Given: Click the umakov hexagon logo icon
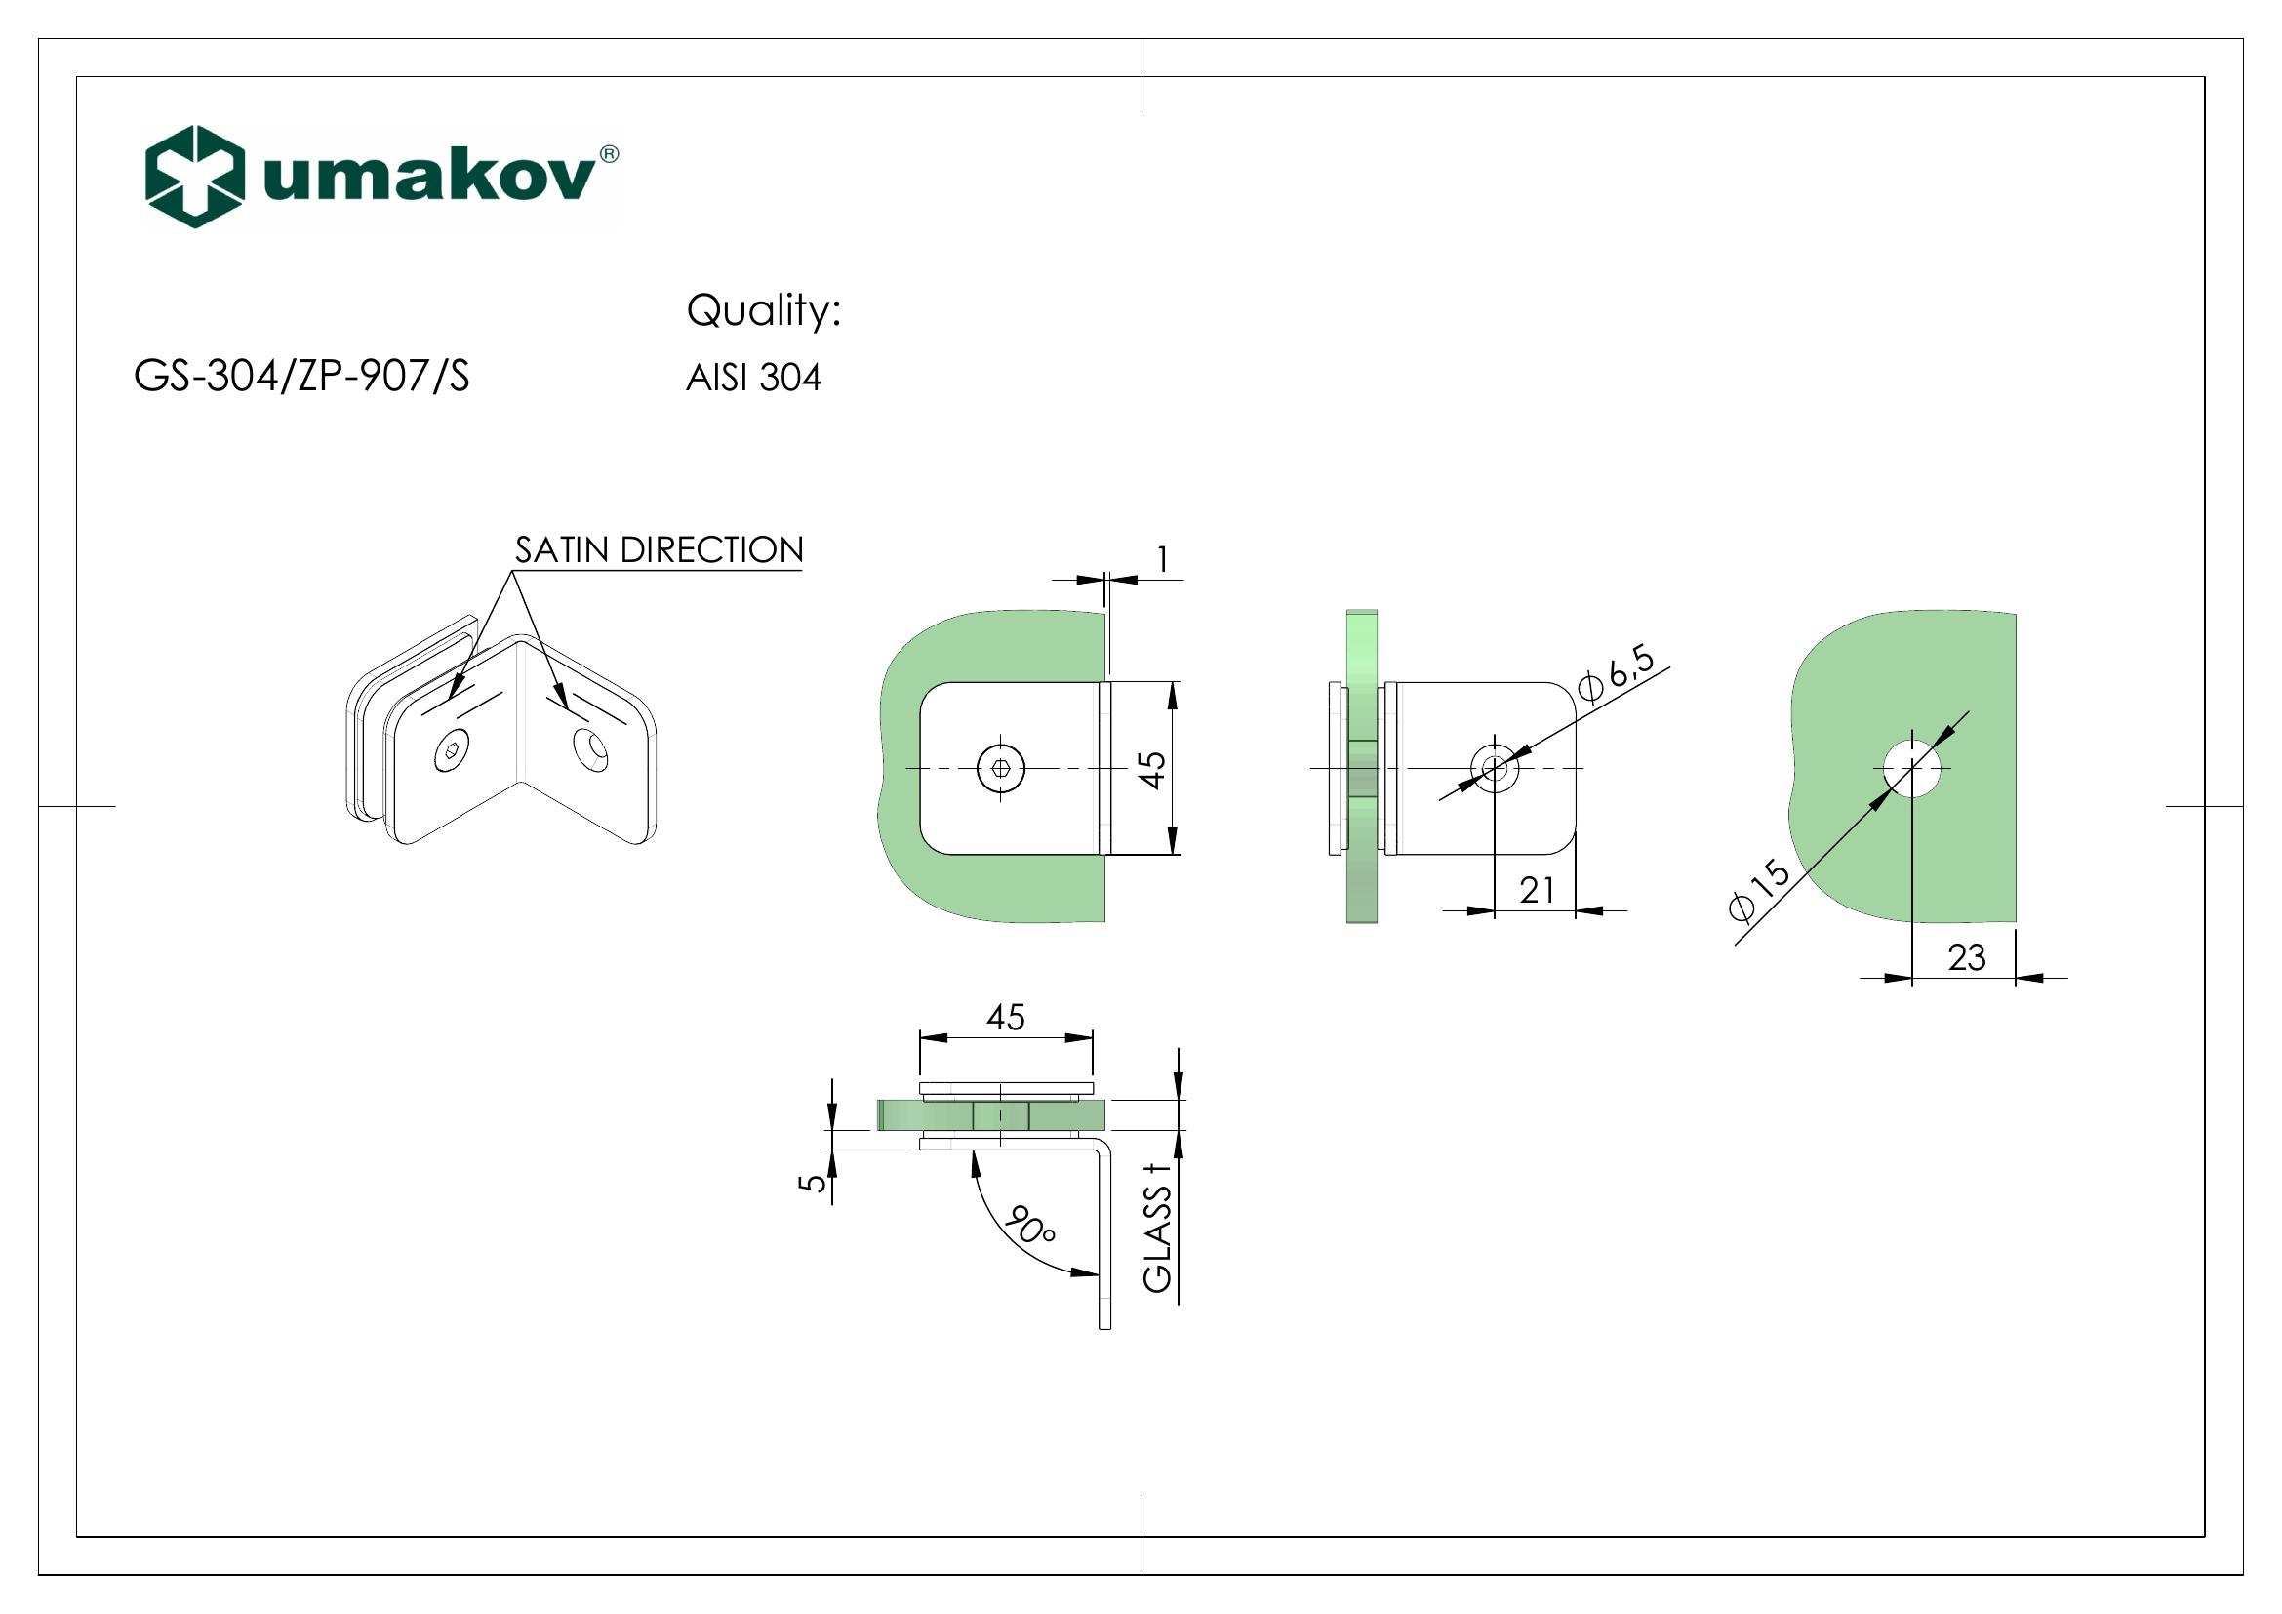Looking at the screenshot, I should pos(195,177).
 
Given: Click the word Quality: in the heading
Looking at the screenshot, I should pos(763,311).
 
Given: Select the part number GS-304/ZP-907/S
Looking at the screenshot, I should pos(301,377).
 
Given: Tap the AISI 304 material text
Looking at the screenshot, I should pos(753,378).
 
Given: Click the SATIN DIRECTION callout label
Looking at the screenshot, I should pos(659,549).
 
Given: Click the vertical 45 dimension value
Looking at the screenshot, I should pos(1151,769).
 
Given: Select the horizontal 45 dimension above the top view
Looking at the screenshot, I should pos(1005,1017).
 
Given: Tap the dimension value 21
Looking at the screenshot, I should pos(1537,891).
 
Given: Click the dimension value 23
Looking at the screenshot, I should pos(1966,957).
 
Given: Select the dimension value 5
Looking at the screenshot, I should pos(814,1183).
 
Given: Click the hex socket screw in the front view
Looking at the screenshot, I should pos(1000,768).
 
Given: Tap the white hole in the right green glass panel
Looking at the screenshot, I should pos(1912,768).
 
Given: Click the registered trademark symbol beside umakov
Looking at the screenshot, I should pos(609,154).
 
